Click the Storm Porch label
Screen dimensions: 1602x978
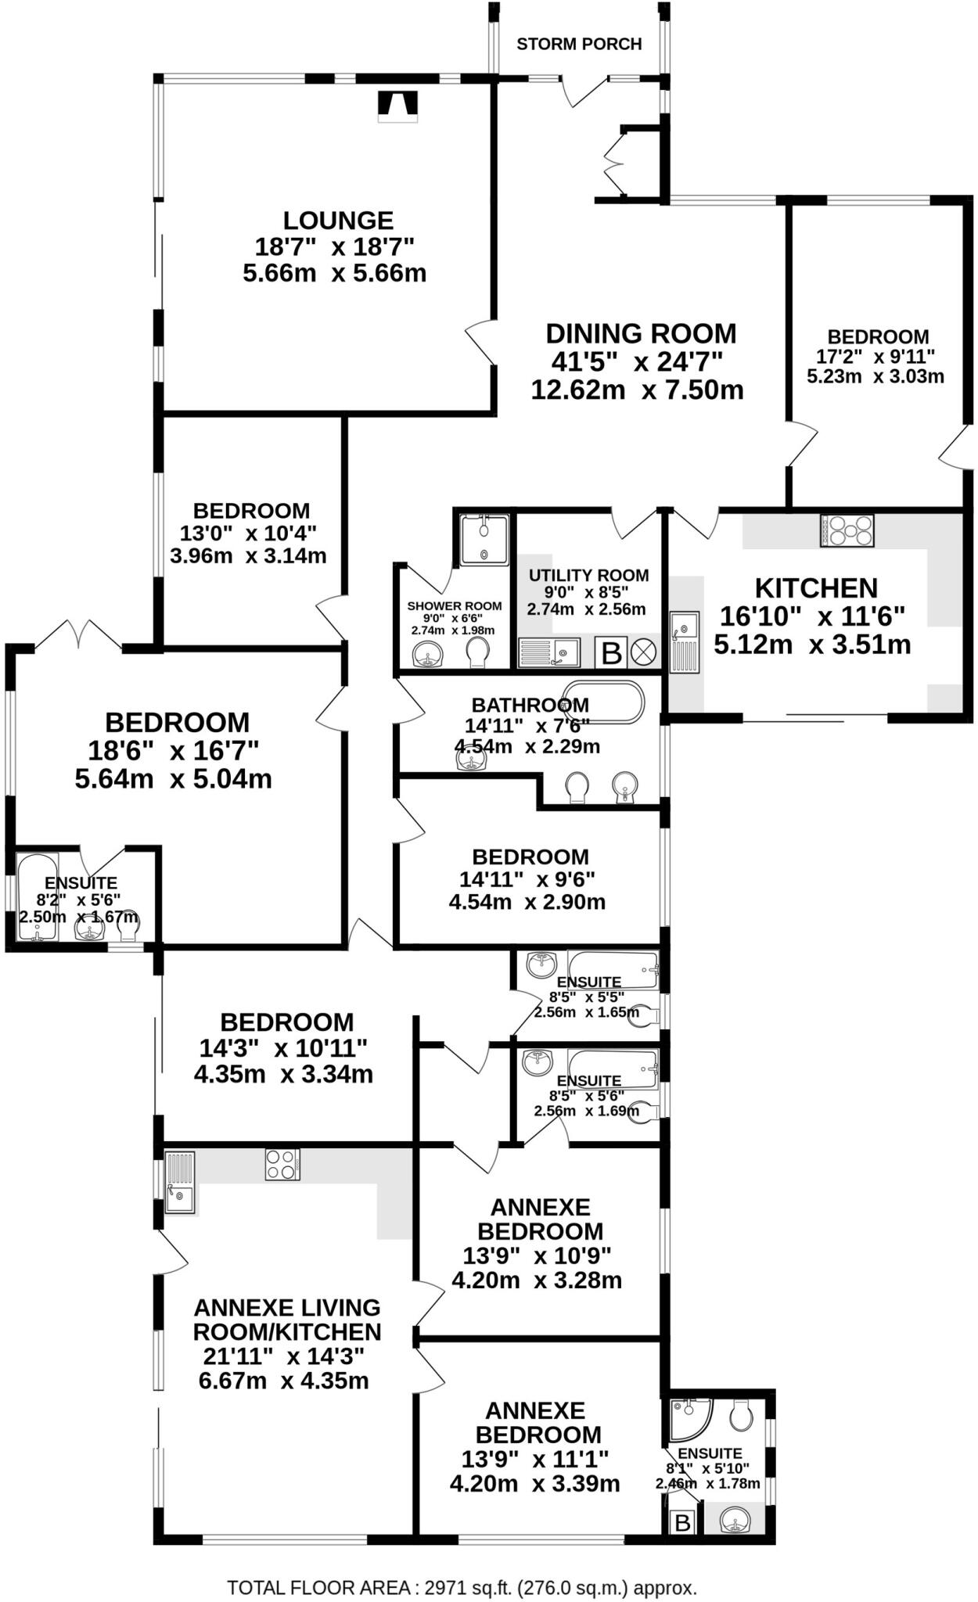coord(579,44)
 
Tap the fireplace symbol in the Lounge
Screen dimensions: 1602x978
coord(398,106)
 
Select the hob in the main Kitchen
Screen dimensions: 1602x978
coord(847,530)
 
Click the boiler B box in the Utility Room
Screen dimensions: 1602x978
coord(611,652)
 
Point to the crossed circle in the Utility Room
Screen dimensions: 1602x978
coord(645,652)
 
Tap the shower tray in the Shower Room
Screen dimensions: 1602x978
coord(484,539)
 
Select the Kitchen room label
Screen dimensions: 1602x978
coord(816,588)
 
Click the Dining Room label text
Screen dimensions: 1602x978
coord(641,334)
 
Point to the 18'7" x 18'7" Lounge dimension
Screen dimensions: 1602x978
coord(334,247)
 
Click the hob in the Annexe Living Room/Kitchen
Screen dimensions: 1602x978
coord(282,1164)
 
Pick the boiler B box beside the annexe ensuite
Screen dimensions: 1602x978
coord(683,1522)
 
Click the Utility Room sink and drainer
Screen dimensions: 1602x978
coord(548,652)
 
